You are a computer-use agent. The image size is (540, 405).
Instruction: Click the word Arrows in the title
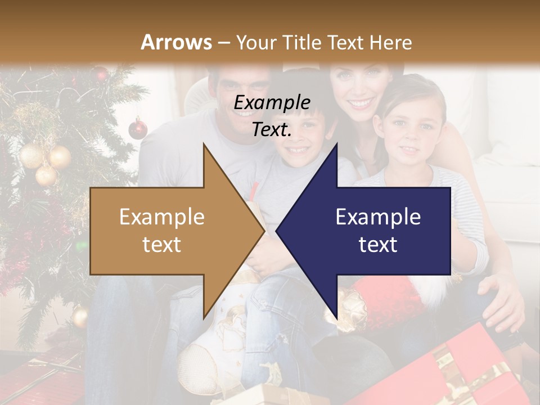[176, 42]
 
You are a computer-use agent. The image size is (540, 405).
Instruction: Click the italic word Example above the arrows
[272, 103]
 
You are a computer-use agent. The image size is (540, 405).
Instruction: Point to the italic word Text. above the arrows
[272, 130]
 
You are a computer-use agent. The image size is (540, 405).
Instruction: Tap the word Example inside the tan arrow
[162, 217]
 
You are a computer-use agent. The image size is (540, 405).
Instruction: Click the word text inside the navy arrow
[378, 244]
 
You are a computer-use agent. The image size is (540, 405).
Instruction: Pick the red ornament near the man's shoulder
[138, 129]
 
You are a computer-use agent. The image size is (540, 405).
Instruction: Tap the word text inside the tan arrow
[162, 244]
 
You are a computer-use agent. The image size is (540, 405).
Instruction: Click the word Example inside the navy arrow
[378, 217]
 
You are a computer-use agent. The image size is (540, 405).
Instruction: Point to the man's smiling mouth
[243, 112]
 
